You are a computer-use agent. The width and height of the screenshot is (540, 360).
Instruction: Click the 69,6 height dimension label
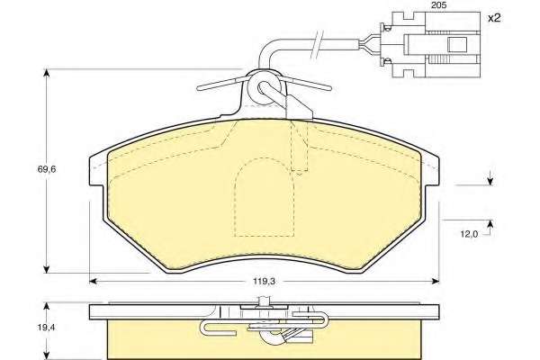pos(47,169)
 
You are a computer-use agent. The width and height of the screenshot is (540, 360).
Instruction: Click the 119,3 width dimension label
pos(264,282)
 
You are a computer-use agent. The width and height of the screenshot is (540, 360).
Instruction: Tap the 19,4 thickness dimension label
pos(47,328)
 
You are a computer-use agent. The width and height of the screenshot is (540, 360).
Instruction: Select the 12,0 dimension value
pos(469,234)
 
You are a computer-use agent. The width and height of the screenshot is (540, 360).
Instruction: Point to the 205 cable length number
pos(439,5)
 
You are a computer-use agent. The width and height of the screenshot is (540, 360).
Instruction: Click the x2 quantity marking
pos(494,18)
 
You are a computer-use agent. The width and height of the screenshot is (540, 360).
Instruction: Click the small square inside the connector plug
pos(457,44)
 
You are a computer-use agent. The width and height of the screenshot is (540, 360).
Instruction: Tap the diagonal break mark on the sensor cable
pos(317,44)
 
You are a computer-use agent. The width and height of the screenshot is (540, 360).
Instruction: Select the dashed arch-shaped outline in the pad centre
pos(264,197)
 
